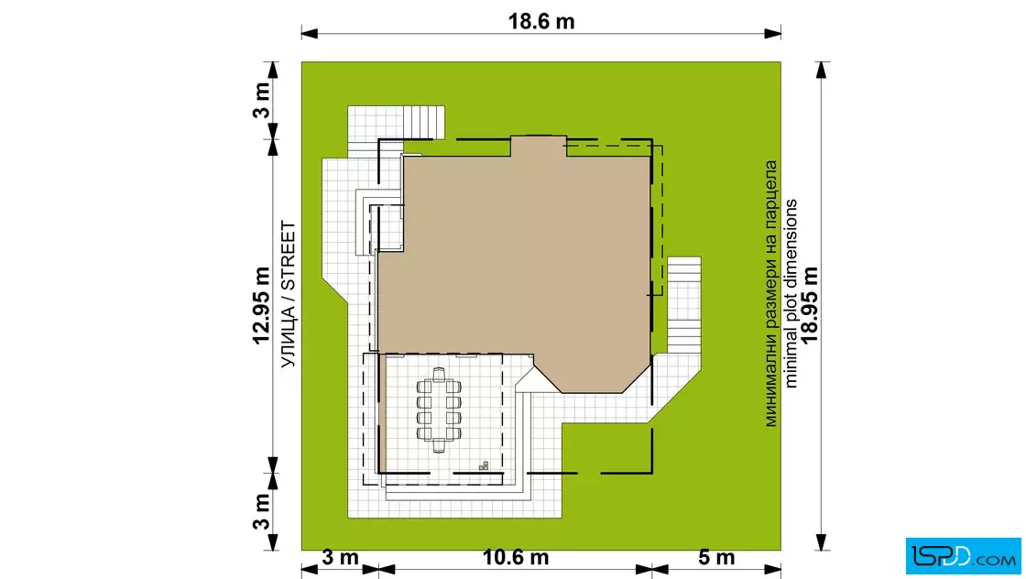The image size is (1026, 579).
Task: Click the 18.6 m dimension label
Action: pyautogui.click(x=541, y=22)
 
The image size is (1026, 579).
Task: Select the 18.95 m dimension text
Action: pyautogui.click(x=810, y=304)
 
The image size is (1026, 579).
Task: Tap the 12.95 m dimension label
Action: pyautogui.click(x=261, y=305)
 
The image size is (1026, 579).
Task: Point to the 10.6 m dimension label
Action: pyautogui.click(x=516, y=557)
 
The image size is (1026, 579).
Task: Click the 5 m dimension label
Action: pyautogui.click(x=716, y=557)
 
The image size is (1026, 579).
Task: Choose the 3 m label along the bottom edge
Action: pyautogui.click(x=340, y=557)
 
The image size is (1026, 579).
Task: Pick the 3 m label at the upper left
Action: pyautogui.click(x=261, y=100)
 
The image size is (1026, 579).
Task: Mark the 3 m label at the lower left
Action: pyautogui.click(x=261, y=511)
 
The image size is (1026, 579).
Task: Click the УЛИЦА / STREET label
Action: pyautogui.click(x=288, y=294)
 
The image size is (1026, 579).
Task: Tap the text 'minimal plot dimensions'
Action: pyautogui.click(x=791, y=293)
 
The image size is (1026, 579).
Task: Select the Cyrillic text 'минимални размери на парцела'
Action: pyautogui.click(x=770, y=294)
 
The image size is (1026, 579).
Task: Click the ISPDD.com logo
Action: pyautogui.click(x=963, y=556)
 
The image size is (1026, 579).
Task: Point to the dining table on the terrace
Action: pyautogui.click(x=439, y=410)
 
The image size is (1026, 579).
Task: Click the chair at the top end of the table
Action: pyautogui.click(x=439, y=374)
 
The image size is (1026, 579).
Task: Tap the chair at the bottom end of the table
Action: pyautogui.click(x=439, y=446)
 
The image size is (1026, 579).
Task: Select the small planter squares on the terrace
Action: pyautogui.click(x=484, y=465)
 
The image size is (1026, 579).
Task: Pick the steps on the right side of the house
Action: pyautogui.click(x=684, y=305)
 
